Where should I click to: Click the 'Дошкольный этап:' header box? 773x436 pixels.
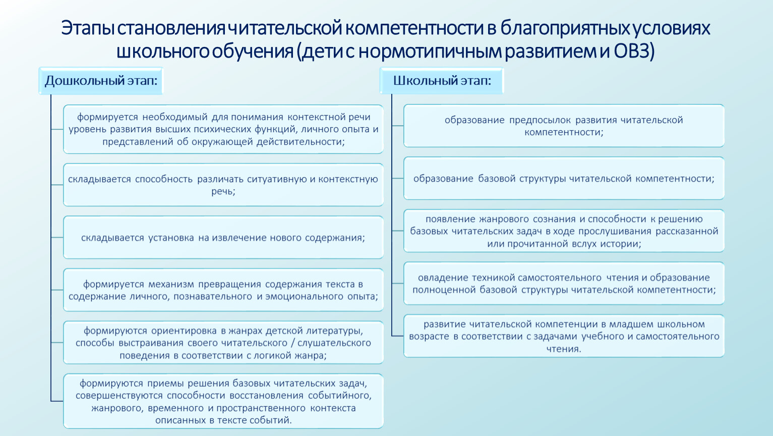pyautogui.click(x=101, y=81)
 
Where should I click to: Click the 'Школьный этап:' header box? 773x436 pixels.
pyautogui.click(x=442, y=81)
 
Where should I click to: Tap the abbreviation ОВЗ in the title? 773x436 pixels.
pyautogui.click(x=634, y=51)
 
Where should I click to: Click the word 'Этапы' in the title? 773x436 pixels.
pyautogui.click(x=88, y=28)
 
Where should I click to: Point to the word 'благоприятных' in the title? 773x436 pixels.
pyautogui.click(x=565, y=28)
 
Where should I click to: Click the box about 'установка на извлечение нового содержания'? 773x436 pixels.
pyautogui.click(x=223, y=237)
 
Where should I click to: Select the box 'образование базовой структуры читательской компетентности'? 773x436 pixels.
pyautogui.click(x=564, y=178)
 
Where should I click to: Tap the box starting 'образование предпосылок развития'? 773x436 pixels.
pyautogui.click(x=564, y=126)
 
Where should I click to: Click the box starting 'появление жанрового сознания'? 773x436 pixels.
pyautogui.click(x=564, y=231)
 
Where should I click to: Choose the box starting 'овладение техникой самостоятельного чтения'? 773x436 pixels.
pyautogui.click(x=564, y=283)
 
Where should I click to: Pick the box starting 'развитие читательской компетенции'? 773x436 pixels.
pyautogui.click(x=564, y=336)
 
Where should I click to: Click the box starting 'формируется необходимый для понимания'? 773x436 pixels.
pyautogui.click(x=223, y=129)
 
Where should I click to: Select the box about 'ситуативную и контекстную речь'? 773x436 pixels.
pyautogui.click(x=223, y=185)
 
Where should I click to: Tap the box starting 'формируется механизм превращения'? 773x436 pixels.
pyautogui.click(x=223, y=290)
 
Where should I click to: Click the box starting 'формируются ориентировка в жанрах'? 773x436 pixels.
pyautogui.click(x=223, y=342)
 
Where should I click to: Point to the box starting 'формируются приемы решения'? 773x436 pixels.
pyautogui.click(x=223, y=401)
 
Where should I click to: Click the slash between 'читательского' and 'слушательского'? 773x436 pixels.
pyautogui.click(x=292, y=343)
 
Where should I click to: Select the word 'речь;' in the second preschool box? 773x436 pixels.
pyautogui.click(x=223, y=191)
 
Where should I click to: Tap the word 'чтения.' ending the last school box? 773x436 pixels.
pyautogui.click(x=564, y=349)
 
